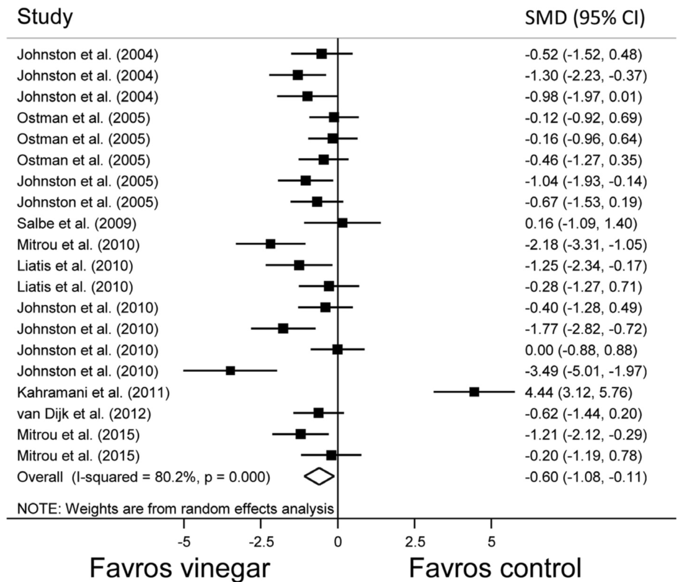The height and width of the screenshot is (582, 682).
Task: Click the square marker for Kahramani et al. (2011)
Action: pos(474,392)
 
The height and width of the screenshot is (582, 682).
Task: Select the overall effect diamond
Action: pos(319,476)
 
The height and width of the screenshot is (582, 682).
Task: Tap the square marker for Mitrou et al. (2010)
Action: pos(270,244)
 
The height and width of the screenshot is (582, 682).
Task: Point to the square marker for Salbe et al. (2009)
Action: pos(342,223)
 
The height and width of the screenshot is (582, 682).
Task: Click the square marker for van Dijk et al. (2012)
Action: pos(319,413)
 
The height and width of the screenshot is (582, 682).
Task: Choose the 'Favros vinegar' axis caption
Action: pos(180,566)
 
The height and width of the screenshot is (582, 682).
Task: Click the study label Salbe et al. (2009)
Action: pos(78,223)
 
